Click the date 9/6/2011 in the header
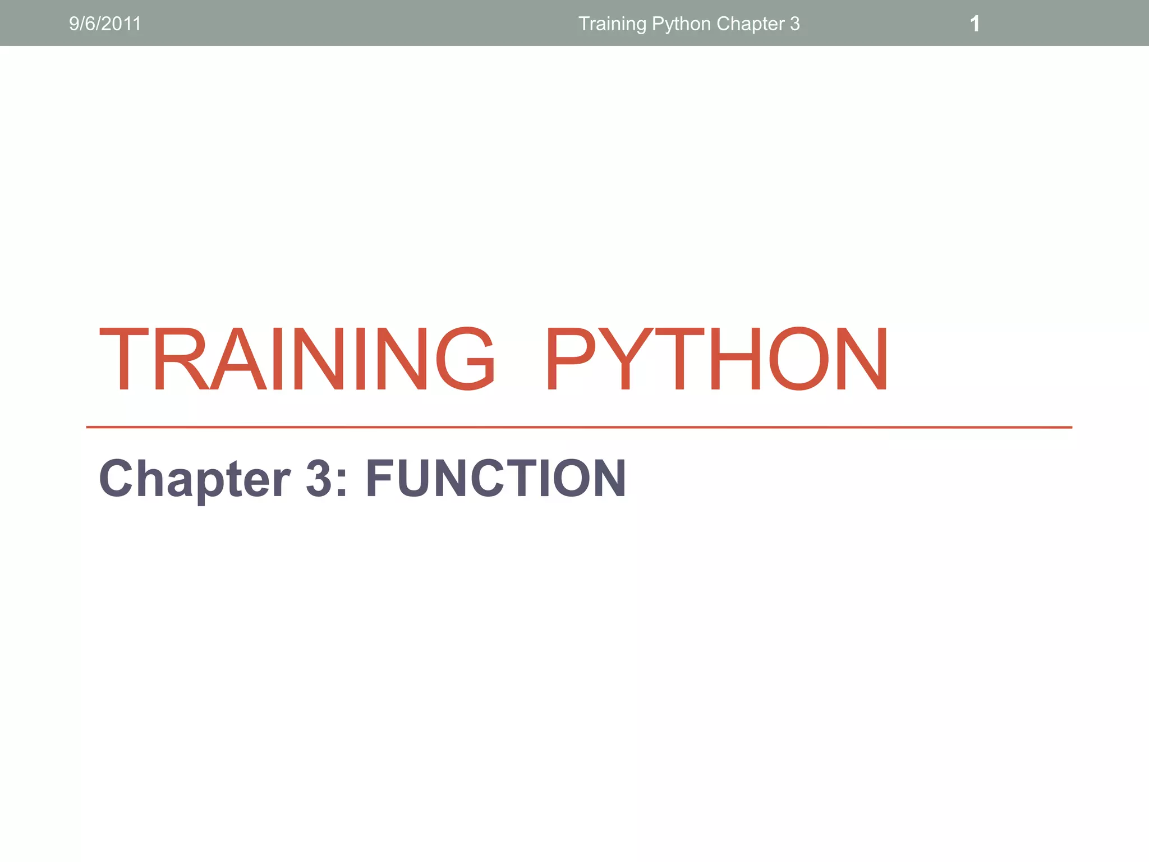(105, 24)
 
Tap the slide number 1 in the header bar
(975, 24)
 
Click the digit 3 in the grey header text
(794, 24)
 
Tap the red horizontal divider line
(578, 427)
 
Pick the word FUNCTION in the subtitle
(496, 478)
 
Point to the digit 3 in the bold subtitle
(319, 478)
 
